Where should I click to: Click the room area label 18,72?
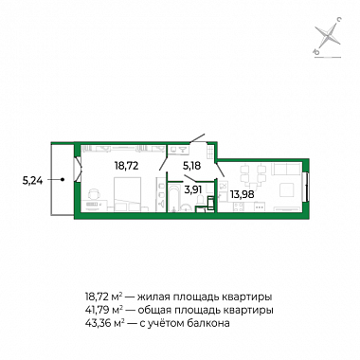point(126,165)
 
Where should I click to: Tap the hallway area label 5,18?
point(192,165)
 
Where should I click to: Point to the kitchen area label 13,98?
point(242,194)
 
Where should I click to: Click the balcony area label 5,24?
point(32,180)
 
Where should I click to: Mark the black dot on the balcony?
point(63,180)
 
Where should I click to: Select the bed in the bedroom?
point(127,193)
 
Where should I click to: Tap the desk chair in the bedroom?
point(93,194)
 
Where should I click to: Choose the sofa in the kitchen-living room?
point(287,171)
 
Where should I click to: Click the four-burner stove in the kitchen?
point(238,207)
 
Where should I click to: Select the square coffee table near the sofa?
point(287,190)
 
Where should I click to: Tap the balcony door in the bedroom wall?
point(78,169)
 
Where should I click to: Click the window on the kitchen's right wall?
point(306,187)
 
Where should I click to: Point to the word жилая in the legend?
point(154,297)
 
